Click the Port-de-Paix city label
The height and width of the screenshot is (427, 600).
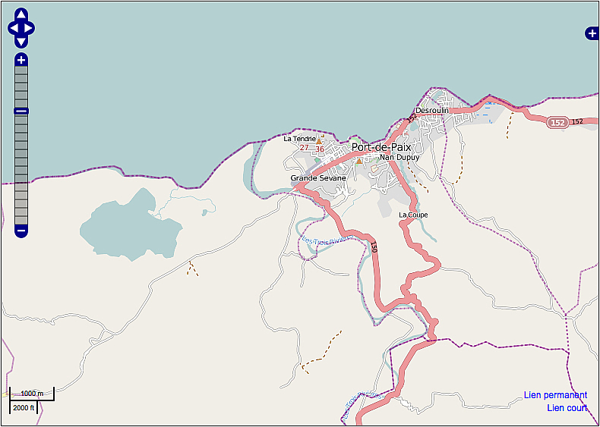point(381,147)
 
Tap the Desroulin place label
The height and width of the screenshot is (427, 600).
point(432,110)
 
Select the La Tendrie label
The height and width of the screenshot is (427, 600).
point(299,139)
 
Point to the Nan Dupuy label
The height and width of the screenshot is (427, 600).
point(399,158)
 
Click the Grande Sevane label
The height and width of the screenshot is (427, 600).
point(317,178)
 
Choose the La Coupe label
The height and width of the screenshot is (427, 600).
point(413,215)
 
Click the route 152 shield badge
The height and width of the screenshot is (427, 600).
point(558,122)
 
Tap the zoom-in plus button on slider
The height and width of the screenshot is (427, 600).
point(21,60)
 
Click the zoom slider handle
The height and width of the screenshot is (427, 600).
point(21,111)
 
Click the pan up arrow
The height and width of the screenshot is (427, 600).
point(21,15)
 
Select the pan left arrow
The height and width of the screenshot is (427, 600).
point(13,29)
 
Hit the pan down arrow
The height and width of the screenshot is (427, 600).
point(21,42)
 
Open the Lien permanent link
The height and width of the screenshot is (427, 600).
point(555,395)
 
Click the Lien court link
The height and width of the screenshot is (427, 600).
point(567,408)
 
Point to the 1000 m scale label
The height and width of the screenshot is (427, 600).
point(32,394)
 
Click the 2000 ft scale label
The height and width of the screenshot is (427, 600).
point(24,407)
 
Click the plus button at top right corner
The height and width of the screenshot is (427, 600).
point(592,33)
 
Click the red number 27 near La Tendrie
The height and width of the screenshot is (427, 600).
point(304,148)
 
